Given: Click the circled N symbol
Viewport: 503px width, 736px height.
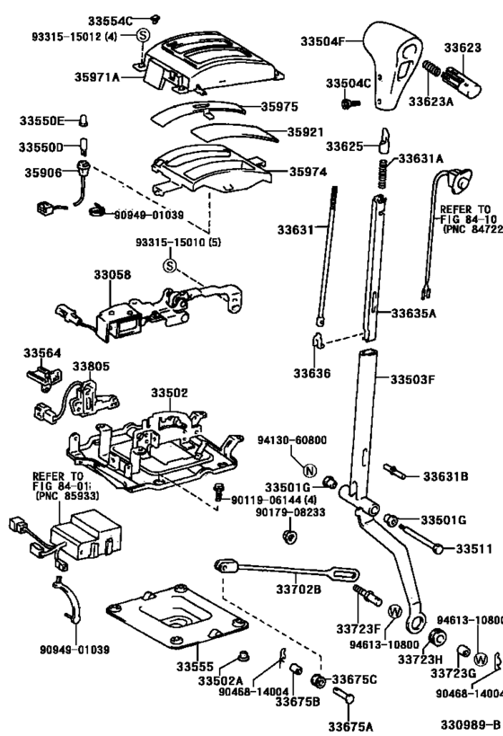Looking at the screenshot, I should pos(307,471).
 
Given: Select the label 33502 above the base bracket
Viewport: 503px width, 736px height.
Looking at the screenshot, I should pos(170,393).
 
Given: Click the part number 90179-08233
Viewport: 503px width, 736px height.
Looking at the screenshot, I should pos(291,512).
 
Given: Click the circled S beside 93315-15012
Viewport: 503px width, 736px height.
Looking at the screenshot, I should pos(142,36).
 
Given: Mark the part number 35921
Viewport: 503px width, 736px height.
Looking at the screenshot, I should pos(306,131).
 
